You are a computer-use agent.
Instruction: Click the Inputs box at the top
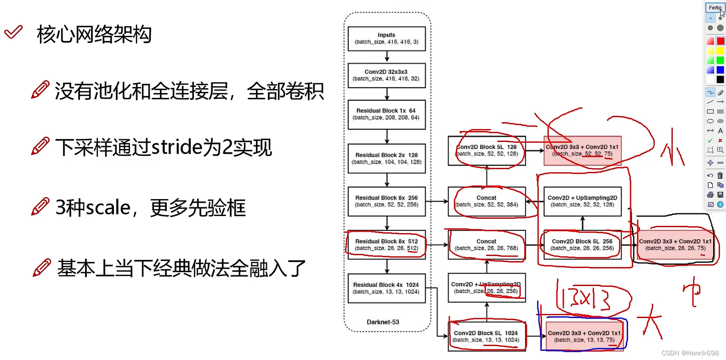[386, 39]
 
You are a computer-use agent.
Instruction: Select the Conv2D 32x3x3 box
[386, 75]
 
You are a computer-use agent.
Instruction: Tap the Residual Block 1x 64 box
[386, 114]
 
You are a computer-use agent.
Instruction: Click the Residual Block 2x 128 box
[386, 159]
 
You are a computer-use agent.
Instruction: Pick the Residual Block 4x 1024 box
[386, 288]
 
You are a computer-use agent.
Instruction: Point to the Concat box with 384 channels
[487, 201]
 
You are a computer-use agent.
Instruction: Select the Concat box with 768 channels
[487, 245]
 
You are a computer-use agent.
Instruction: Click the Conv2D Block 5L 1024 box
[487, 337]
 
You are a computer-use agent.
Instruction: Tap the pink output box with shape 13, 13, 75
[584, 337]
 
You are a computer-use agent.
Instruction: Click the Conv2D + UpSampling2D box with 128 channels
[582, 201]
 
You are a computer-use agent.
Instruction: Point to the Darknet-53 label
[383, 322]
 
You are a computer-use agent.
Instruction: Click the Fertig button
[715, 7]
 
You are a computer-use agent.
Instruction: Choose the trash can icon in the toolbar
[720, 175]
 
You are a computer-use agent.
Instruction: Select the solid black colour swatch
[720, 80]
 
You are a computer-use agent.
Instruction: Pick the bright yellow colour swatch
[720, 51]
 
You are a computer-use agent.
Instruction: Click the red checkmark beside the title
[13, 32]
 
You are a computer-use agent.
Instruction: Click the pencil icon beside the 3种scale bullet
[40, 207]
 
